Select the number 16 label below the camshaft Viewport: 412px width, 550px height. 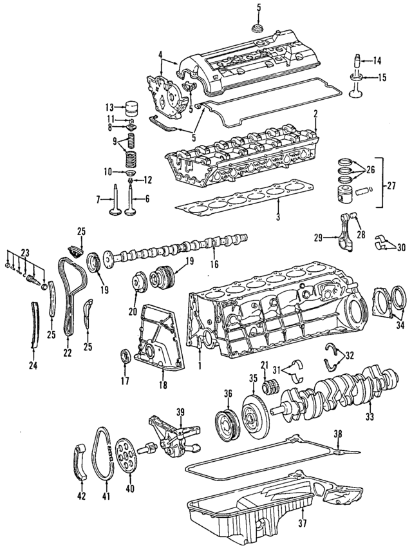pyautogui.click(x=214, y=263)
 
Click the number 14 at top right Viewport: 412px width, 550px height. pyautogui.click(x=377, y=61)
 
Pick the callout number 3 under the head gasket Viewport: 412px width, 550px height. pyautogui.click(x=278, y=219)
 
